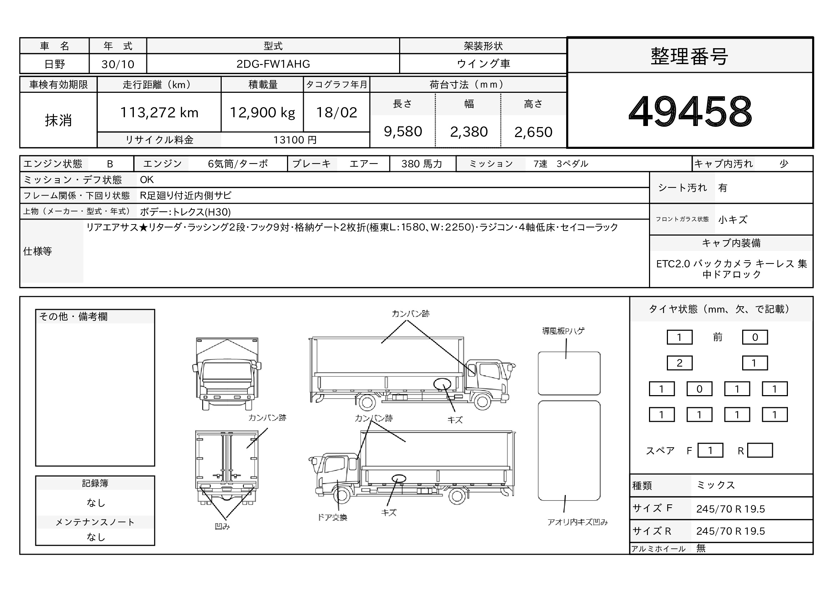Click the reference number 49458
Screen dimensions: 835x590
(690, 111)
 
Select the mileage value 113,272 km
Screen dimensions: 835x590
(159, 112)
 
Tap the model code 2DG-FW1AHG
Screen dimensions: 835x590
(273, 64)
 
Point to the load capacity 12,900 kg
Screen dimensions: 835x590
(262, 112)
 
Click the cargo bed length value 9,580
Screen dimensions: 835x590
(403, 131)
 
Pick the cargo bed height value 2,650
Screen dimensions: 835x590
(533, 132)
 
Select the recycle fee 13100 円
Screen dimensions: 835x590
(295, 140)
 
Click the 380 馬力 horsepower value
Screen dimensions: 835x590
(422, 164)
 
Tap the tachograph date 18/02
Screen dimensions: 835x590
(336, 112)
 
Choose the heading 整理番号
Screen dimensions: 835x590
(690, 56)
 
